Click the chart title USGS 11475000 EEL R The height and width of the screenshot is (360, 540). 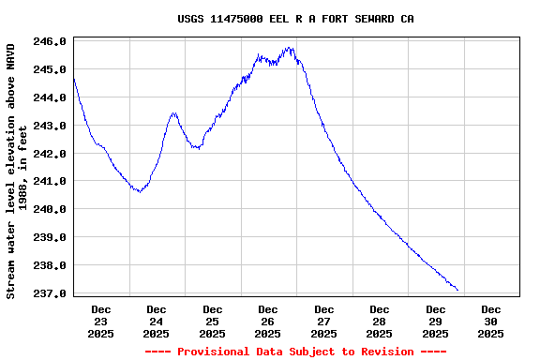coord(295,19)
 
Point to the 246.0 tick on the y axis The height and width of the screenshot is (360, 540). coord(50,41)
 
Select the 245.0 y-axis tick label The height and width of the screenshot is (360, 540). coord(50,69)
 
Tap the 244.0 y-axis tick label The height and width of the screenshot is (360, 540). coord(50,97)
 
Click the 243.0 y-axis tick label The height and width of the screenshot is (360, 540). coord(50,126)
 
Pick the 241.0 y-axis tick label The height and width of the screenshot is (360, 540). coord(50,181)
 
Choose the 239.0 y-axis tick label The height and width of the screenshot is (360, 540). coord(50,237)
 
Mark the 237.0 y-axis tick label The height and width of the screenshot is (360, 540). coord(50,293)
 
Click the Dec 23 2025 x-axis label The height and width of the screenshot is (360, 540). coord(101,321)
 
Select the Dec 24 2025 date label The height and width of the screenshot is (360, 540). coord(157,321)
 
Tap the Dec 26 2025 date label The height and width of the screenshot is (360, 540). coord(268,321)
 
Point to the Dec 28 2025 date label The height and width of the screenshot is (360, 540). coord(380,321)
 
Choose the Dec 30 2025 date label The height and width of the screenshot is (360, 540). coord(491,321)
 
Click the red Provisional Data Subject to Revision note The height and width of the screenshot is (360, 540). coord(295,352)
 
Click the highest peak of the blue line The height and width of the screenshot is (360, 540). coord(291,48)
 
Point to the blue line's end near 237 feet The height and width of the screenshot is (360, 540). coord(457,290)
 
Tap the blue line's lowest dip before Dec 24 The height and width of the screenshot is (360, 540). coord(139,191)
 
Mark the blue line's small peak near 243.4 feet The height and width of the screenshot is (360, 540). coord(173,113)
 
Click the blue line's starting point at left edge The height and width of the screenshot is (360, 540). coord(73,79)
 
